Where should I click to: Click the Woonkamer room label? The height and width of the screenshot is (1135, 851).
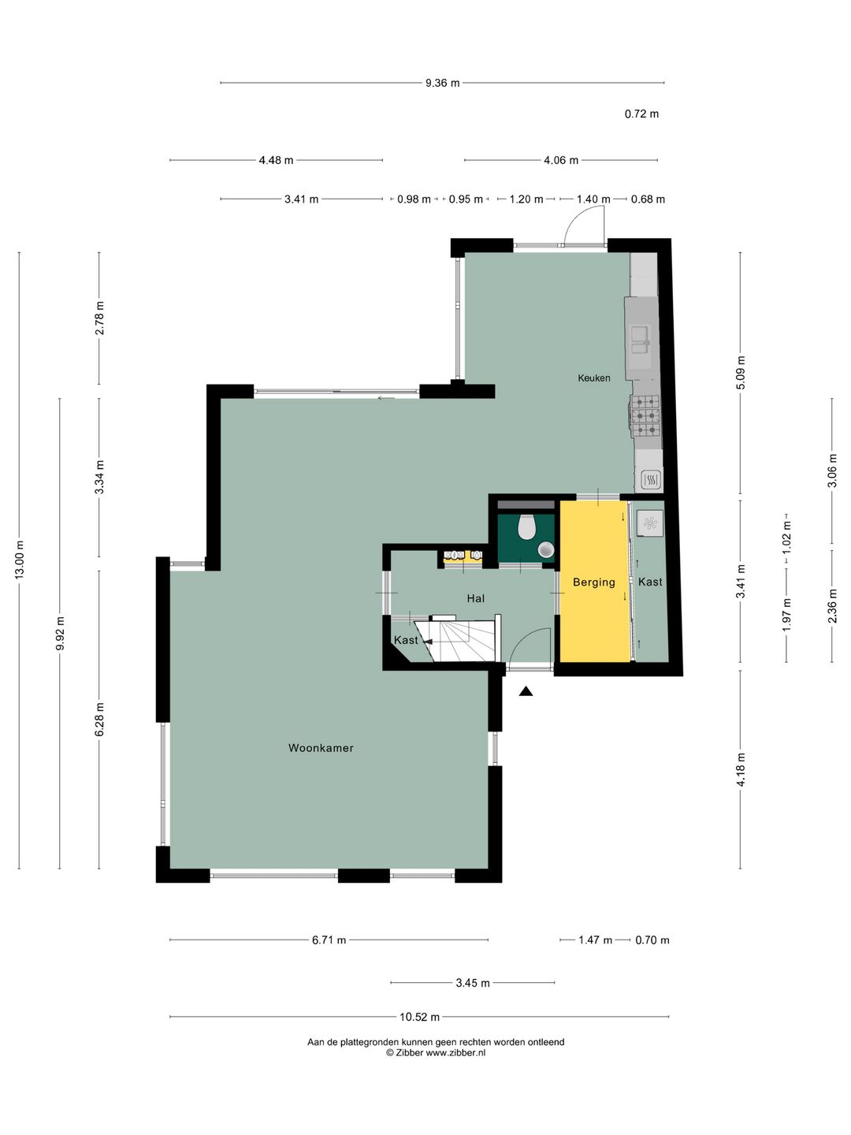click(x=321, y=748)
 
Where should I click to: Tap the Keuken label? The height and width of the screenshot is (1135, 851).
click(x=593, y=378)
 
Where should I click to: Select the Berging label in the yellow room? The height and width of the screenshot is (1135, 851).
click(x=594, y=582)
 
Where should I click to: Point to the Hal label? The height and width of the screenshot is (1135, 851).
click(x=476, y=598)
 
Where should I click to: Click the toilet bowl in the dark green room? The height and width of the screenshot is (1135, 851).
click(x=527, y=527)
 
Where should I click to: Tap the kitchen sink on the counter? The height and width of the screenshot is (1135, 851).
click(x=641, y=339)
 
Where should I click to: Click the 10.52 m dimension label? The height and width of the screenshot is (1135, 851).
click(x=419, y=1017)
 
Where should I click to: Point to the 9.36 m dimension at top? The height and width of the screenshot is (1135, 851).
click(x=442, y=83)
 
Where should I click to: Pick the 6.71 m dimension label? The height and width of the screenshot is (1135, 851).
click(x=329, y=940)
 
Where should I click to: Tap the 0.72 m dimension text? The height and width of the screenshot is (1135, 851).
click(x=641, y=113)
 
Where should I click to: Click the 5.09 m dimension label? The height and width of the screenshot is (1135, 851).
click(x=741, y=373)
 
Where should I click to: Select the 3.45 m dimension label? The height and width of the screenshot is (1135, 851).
click(x=472, y=983)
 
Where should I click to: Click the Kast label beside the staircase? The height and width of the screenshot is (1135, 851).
click(x=406, y=640)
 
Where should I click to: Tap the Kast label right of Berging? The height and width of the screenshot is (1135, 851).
click(x=650, y=582)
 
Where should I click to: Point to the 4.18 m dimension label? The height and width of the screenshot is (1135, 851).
click(x=741, y=770)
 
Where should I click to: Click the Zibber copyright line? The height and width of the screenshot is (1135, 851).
click(x=436, y=1052)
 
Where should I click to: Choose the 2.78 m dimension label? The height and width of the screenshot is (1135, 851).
click(x=99, y=318)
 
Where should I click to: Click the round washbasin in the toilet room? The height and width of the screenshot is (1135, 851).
click(x=545, y=549)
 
